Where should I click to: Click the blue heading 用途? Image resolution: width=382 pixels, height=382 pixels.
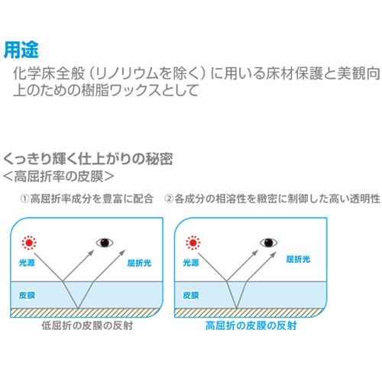[21, 50]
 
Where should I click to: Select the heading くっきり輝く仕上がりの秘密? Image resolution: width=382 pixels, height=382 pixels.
[88, 159]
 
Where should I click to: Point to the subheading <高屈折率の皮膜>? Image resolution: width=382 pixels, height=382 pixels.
[58, 176]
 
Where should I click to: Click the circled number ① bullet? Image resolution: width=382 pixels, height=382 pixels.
[24, 199]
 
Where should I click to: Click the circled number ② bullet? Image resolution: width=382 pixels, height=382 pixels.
[169, 199]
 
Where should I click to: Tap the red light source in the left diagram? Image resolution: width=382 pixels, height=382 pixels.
[29, 243]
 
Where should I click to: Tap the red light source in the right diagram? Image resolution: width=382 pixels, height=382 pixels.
[193, 243]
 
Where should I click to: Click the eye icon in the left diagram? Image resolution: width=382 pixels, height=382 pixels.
[105, 242]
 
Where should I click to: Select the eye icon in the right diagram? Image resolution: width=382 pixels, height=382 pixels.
[268, 242]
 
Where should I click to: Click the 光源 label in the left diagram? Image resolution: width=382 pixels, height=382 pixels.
[27, 263]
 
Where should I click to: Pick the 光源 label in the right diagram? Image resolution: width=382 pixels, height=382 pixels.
[191, 263]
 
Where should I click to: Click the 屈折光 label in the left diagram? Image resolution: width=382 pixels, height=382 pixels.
[139, 263]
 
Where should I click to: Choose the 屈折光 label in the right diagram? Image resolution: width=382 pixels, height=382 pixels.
[298, 259]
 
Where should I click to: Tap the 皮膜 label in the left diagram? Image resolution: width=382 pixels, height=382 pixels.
[27, 295]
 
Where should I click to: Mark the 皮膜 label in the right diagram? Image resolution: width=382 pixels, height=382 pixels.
[191, 295]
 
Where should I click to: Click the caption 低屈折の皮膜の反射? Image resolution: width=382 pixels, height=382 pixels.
[87, 325]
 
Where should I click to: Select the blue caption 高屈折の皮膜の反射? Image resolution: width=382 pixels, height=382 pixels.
[251, 325]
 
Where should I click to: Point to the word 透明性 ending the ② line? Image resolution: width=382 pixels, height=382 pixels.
[365, 199]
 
